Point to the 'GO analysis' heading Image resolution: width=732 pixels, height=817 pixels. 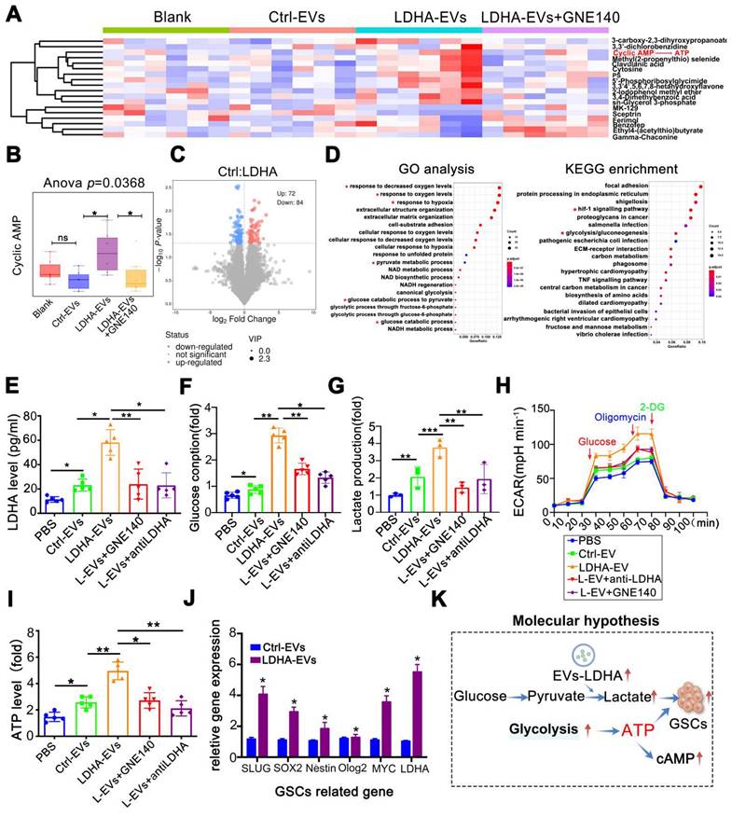[x=433, y=170]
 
